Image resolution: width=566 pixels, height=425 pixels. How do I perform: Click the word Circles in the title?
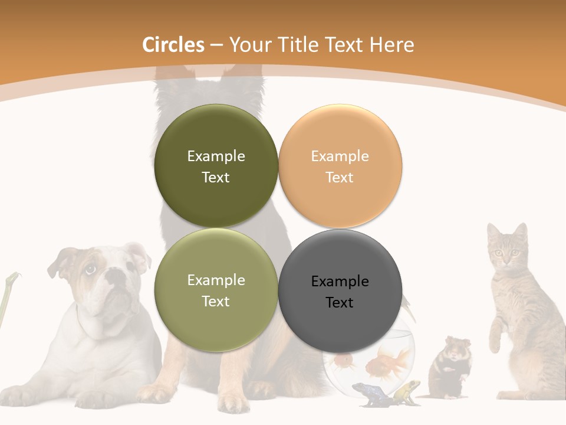pyautogui.click(x=173, y=45)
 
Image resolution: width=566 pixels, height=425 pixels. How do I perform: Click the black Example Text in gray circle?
pyautogui.click(x=340, y=292)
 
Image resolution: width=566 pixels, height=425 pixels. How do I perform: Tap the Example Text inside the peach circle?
pyautogui.click(x=340, y=166)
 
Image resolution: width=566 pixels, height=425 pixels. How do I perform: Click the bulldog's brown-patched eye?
pyautogui.click(x=90, y=269)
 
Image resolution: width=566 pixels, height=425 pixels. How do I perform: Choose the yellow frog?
pyautogui.click(x=407, y=391)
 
